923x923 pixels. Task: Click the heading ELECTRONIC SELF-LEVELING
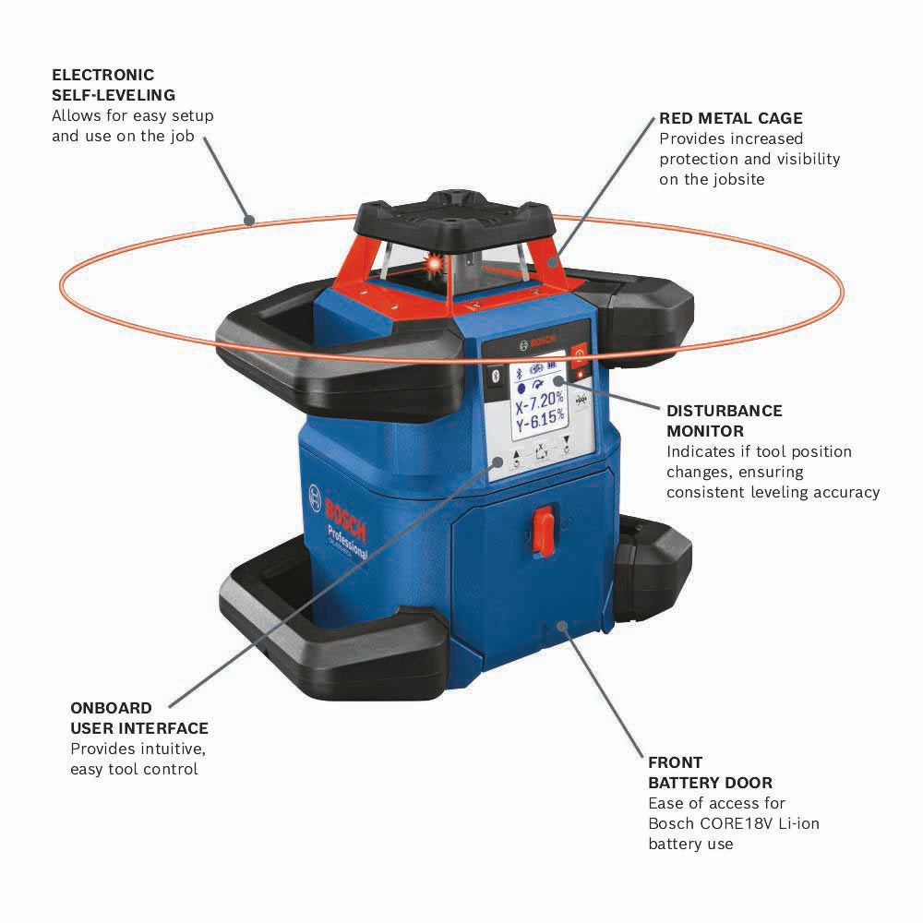[x=114, y=85]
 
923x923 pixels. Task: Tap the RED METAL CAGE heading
[x=730, y=118]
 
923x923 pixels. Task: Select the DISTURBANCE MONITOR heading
[x=724, y=421]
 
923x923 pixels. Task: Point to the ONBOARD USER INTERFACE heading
[x=139, y=718]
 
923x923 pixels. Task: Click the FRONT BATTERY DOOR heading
[x=710, y=773]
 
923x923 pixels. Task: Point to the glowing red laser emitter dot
[x=429, y=266]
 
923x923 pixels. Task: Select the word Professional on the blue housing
[x=346, y=540]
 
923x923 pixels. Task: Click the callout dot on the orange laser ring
[x=247, y=220]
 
